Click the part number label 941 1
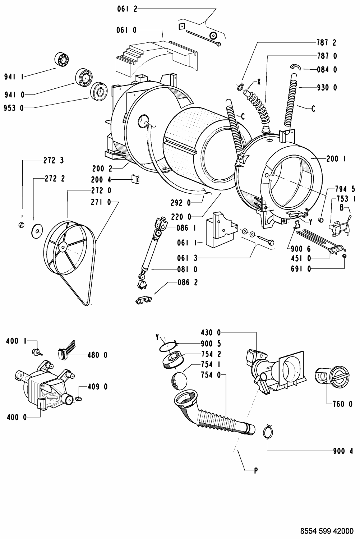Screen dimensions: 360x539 tap(14, 77)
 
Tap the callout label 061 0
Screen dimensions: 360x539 tap(126, 30)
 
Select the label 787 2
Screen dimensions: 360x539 tap(327, 43)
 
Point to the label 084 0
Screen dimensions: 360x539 tap(327, 70)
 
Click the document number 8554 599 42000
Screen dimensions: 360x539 tap(327, 531)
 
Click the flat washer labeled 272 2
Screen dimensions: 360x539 tap(37, 231)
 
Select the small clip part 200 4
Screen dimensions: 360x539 tap(135, 179)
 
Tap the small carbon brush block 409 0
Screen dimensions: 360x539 tap(78, 399)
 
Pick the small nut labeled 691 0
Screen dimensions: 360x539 tap(344, 256)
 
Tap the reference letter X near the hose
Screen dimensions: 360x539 tap(259, 82)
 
